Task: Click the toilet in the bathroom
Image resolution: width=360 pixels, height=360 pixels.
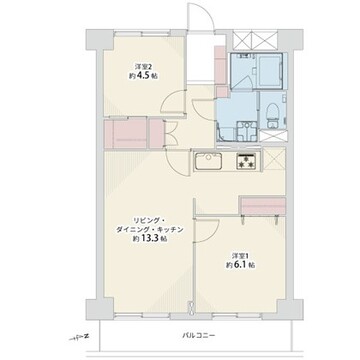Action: pyautogui.click(x=273, y=112)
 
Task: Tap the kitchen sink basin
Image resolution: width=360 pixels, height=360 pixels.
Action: pyautogui.click(x=209, y=161)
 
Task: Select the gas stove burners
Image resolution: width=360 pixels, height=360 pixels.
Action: pyautogui.click(x=247, y=161)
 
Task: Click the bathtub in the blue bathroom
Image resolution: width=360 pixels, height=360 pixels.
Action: pyautogui.click(x=270, y=71)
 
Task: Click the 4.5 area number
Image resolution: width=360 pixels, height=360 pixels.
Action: pyautogui.click(x=143, y=75)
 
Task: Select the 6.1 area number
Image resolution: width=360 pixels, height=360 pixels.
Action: pyautogui.click(x=242, y=266)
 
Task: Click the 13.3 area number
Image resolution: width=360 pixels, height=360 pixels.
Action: pyautogui.click(x=150, y=239)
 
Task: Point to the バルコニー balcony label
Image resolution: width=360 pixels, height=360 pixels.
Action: pyautogui.click(x=198, y=335)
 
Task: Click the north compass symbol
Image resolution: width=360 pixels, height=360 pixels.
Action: pyautogui.click(x=81, y=337)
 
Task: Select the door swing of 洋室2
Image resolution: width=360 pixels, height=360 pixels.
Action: pyautogui.click(x=172, y=101)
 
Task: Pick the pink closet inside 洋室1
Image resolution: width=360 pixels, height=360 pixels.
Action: pyautogui.click(x=263, y=206)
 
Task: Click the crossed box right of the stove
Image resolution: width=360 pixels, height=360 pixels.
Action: pyautogui.click(x=275, y=158)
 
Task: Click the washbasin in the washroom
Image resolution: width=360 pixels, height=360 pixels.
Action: pyautogui.click(x=246, y=131)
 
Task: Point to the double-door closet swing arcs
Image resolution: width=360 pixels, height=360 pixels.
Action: pyautogui.click(x=171, y=133)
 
